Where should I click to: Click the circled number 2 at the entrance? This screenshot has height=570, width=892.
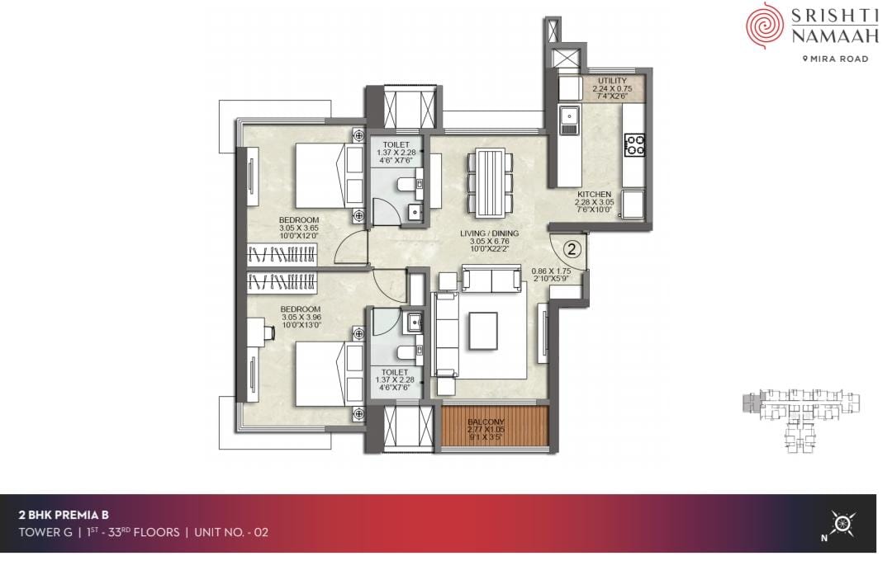click(x=572, y=248)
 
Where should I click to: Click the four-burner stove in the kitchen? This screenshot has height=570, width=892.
click(x=634, y=145)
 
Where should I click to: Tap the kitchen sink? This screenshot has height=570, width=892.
click(x=569, y=121)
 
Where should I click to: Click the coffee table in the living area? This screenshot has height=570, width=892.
click(x=483, y=330)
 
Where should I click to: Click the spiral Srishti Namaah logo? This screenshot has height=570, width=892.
click(x=765, y=26)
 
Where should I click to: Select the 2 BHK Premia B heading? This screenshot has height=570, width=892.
click(x=64, y=515)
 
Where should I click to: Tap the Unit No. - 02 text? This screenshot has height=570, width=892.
click(x=231, y=533)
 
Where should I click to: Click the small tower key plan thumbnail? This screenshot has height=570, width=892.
click(x=801, y=421)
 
